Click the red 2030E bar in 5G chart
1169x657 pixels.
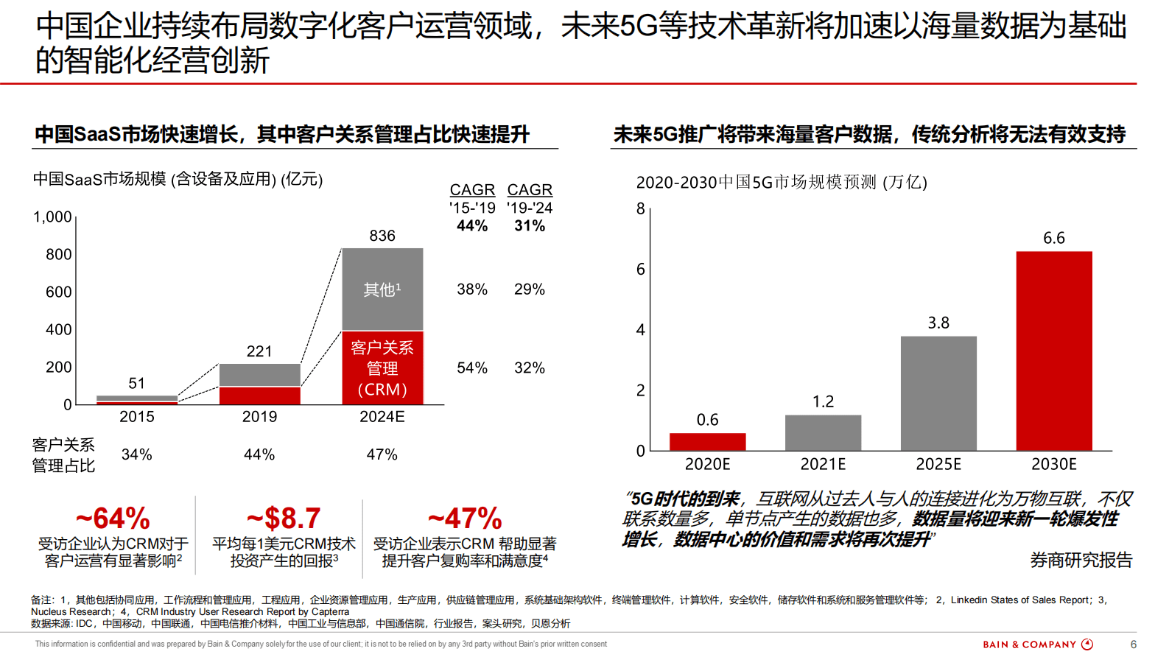pos(1053,351)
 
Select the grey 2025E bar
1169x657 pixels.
pos(938,393)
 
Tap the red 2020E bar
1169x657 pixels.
pos(707,441)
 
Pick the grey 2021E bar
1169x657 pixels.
pos(823,432)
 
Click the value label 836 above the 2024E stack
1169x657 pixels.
pos(382,236)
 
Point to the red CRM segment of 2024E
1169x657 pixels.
pos(382,368)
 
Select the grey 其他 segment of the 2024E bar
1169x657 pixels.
pos(382,289)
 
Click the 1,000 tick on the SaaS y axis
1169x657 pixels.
pos(52,217)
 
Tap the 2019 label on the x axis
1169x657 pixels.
pos(259,417)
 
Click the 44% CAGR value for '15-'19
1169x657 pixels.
pos(472,226)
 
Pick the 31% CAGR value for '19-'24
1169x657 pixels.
pos(530,226)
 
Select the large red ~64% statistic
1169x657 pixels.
pos(113,519)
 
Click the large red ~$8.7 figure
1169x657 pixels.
pos(284,519)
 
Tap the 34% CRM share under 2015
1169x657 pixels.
pos(136,454)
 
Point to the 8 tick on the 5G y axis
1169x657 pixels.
pos(640,208)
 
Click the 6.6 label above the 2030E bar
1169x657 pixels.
pos(1053,238)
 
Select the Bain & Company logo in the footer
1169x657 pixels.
pos(1037,644)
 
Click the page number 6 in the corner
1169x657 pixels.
pos(1133,644)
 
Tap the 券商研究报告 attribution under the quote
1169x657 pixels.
pos(1081,561)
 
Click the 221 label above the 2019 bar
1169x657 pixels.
pos(259,351)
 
